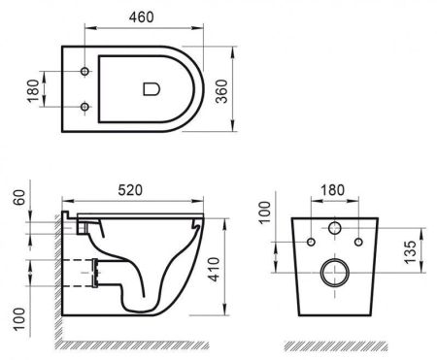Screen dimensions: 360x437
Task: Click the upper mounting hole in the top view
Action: point(85,72)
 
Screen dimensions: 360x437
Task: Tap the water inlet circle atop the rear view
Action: point(332,230)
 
